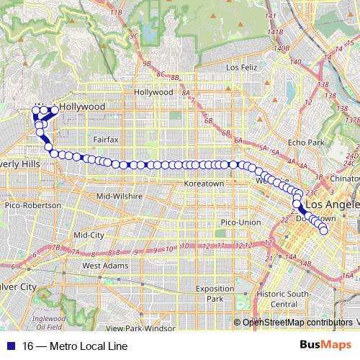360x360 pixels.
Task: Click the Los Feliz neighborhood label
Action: click(241, 68)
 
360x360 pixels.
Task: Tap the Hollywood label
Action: click(153, 92)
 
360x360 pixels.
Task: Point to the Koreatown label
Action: click(205, 184)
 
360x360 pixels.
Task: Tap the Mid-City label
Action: click(89, 235)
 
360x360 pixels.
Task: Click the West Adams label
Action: click(101, 265)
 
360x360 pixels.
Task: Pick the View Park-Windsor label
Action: click(150, 328)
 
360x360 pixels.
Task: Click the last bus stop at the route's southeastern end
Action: click(324, 231)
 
